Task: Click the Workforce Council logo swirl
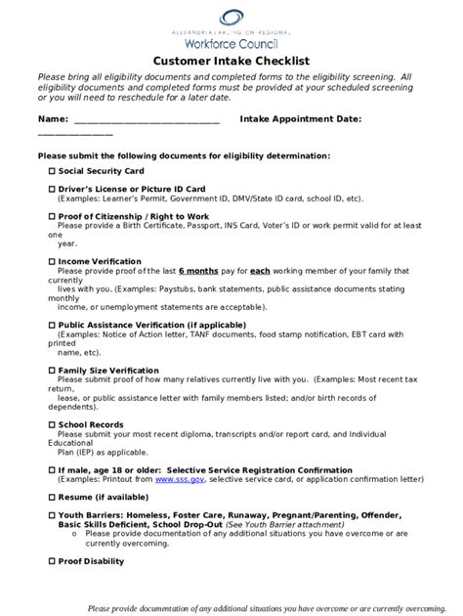[231, 17]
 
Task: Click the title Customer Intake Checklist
[231, 60]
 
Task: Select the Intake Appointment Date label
[301, 118]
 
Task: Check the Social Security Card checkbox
[52, 170]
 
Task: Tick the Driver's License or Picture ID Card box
[52, 188]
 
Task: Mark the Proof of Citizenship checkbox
[52, 215]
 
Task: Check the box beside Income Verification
[52, 261]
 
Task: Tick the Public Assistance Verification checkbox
[52, 325]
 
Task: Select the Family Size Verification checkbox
[52, 371]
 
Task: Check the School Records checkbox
[52, 425]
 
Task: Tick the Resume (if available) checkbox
[52, 498]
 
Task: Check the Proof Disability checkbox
[52, 561]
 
